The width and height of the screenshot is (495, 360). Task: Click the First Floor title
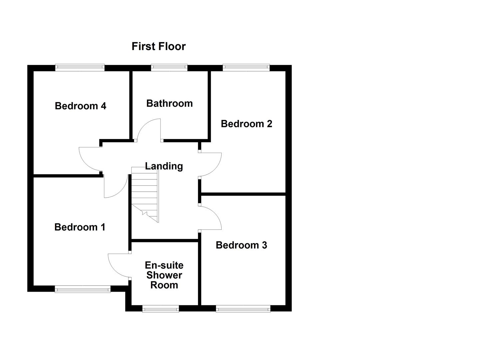tap(158, 46)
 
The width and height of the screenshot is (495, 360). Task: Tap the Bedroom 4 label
tap(80, 106)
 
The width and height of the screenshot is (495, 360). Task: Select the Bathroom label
tap(169, 103)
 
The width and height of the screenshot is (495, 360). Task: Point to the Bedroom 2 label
tap(246, 124)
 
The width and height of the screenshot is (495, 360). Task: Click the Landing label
tap(164, 166)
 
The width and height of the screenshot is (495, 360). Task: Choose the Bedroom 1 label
tap(80, 227)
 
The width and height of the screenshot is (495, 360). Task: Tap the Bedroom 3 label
tap(241, 245)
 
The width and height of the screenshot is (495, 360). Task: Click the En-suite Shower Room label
tap(164, 275)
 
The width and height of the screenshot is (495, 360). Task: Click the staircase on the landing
tap(145, 193)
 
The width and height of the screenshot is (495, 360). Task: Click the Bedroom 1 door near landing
tap(115, 187)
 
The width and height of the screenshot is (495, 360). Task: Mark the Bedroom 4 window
tap(80, 68)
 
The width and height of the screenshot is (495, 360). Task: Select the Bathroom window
tap(169, 68)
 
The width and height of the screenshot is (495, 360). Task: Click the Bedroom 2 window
tap(246, 68)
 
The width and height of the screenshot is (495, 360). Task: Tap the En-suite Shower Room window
tap(161, 309)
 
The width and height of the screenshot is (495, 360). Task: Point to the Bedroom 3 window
tap(243, 309)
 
